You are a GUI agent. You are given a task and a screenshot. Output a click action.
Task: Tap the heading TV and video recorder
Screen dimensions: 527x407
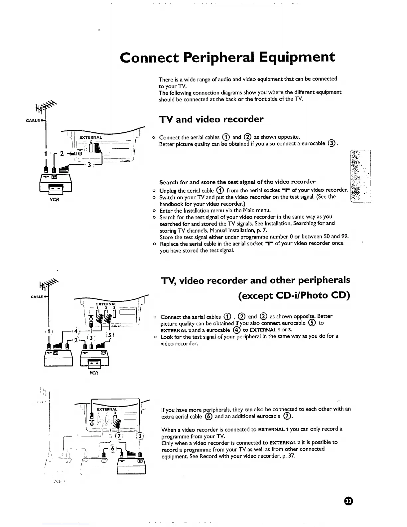[x=211, y=119]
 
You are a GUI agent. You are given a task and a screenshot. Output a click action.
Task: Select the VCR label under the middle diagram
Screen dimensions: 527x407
[x=94, y=373]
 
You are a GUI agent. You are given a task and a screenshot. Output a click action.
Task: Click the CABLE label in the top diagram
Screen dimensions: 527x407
[x=33, y=121]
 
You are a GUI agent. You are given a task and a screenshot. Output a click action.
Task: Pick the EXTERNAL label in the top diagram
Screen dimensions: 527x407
[x=90, y=137]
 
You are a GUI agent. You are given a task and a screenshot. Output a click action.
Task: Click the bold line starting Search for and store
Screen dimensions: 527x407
[x=237, y=182]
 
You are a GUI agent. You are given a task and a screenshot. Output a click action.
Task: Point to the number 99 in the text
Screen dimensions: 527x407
[x=344, y=237]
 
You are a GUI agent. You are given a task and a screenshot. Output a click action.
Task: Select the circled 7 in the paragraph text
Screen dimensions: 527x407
[x=287, y=417]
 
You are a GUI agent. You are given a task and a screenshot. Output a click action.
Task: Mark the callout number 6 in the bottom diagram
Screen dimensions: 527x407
[x=113, y=448]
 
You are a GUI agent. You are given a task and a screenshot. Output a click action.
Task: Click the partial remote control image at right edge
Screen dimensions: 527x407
[x=360, y=176]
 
